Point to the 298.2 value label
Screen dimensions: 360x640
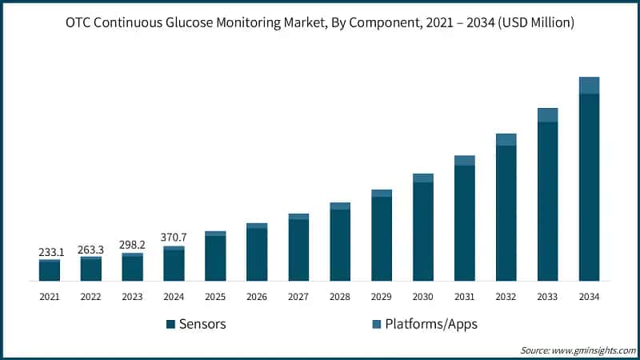[133, 245]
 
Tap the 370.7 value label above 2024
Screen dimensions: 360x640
[174, 238]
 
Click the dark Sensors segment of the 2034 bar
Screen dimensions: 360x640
[590, 188]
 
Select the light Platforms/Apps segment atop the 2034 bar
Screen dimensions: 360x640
[590, 86]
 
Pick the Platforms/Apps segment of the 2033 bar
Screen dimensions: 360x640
[548, 115]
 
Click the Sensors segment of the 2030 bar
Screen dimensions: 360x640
[423, 232]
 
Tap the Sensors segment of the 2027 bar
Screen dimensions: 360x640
[298, 250]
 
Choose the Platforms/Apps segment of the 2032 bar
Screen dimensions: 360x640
[506, 140]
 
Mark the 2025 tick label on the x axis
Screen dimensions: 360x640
[216, 297]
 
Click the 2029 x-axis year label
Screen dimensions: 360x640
[382, 297]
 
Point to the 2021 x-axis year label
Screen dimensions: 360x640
[50, 297]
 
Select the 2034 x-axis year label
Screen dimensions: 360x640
[590, 297]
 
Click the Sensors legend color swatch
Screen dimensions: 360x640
[170, 324]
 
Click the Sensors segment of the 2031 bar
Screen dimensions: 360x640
[465, 223]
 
